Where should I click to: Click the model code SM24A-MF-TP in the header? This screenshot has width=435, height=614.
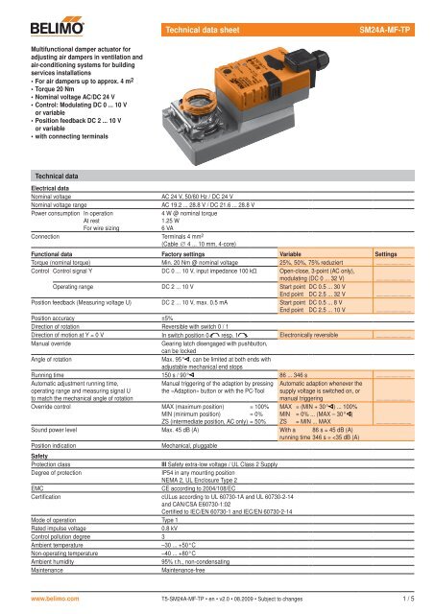click(388, 16)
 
